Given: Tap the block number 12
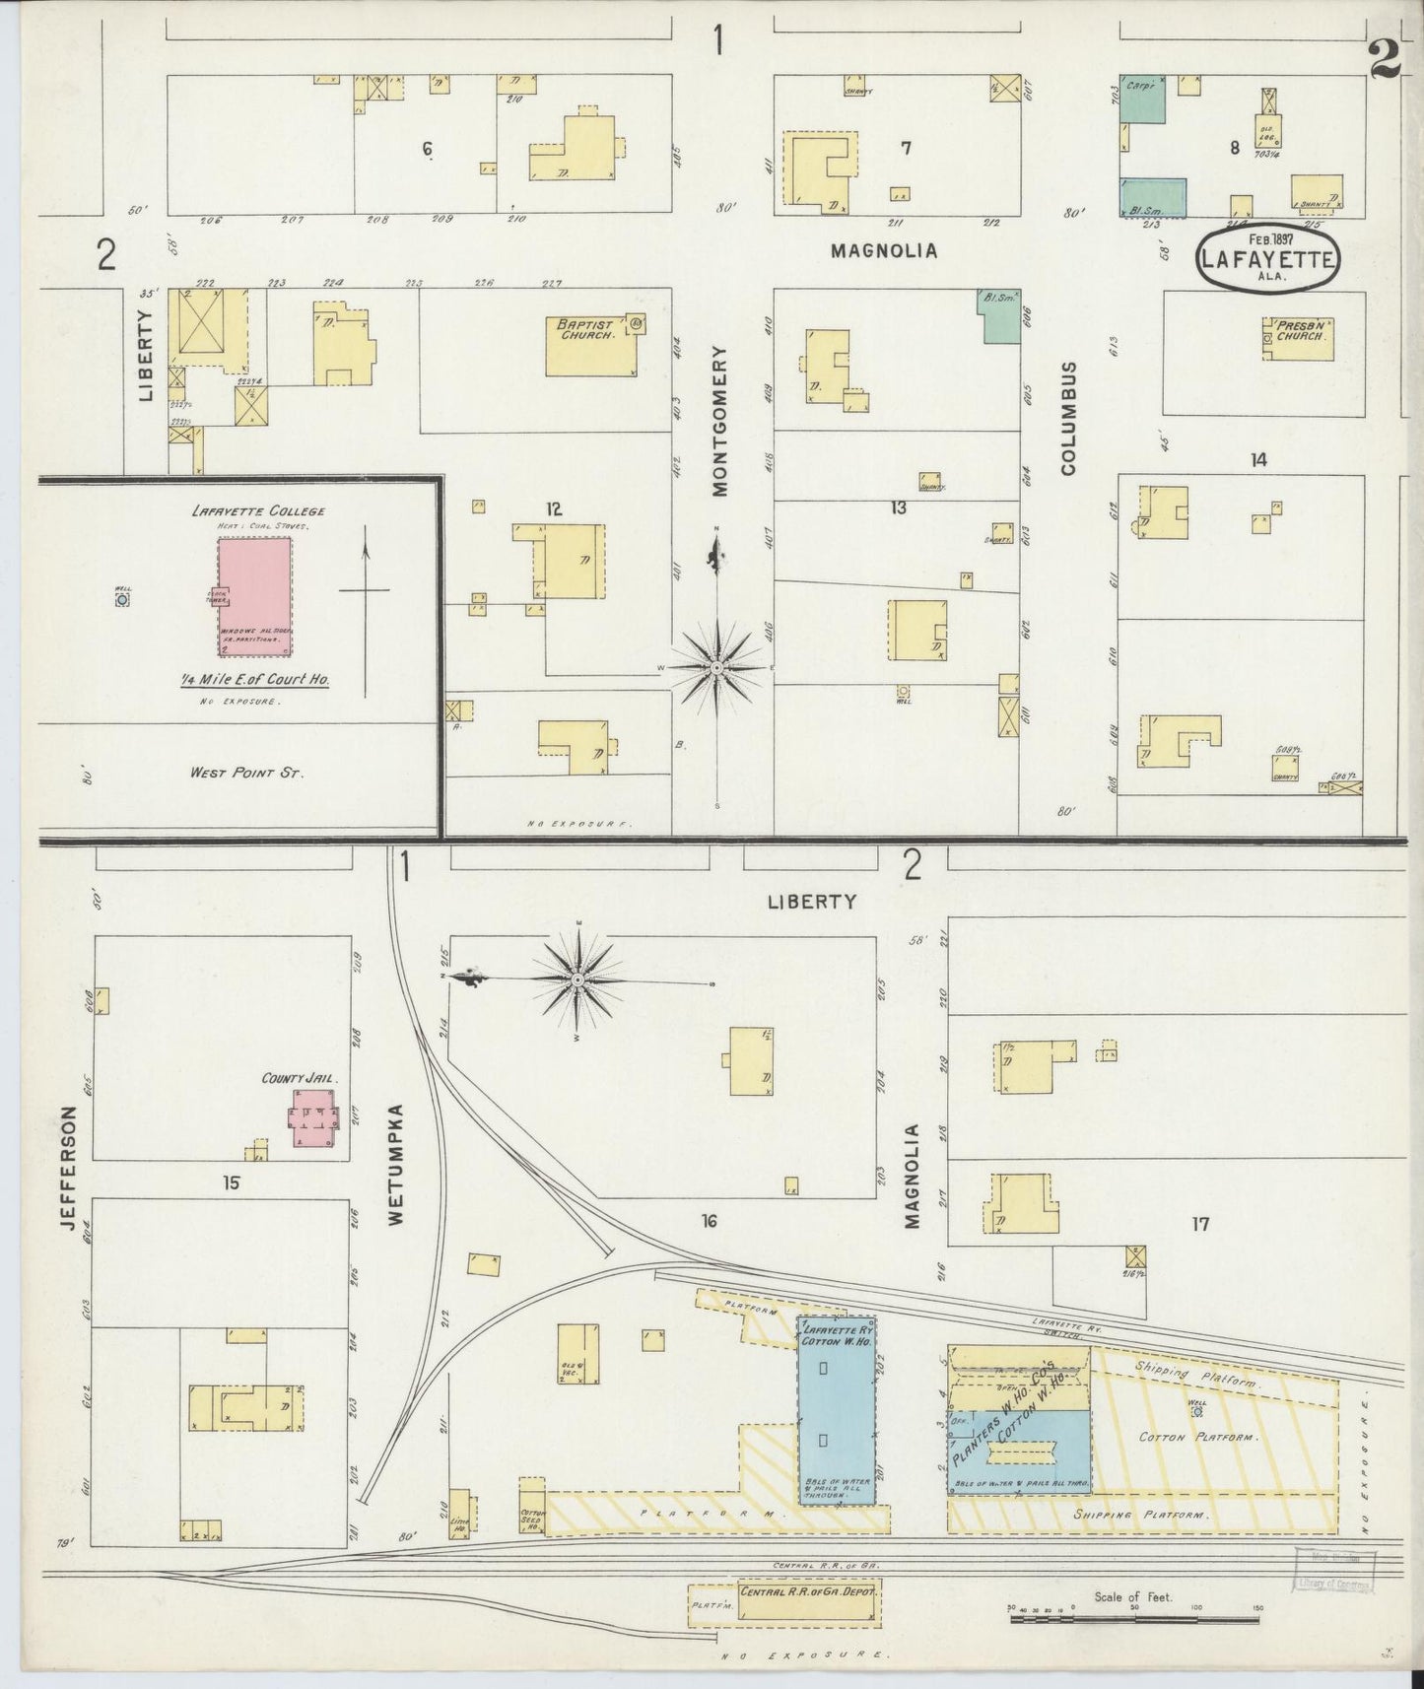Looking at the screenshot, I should coord(554,508).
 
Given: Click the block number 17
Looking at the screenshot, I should coord(1199,1224).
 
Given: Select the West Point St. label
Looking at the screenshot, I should coord(247,773).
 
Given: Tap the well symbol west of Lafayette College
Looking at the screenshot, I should coord(122,598).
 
